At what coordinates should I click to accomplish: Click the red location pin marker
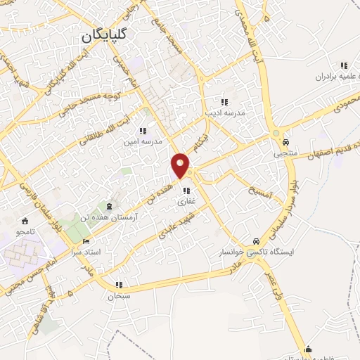pos(181,166)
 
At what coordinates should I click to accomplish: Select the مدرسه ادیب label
pos(223,112)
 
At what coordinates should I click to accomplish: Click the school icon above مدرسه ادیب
pos(224,101)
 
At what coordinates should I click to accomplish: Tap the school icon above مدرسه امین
pos(143,130)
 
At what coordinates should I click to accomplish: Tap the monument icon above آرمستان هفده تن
pos(109,206)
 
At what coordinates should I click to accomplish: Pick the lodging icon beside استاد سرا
pos(86,241)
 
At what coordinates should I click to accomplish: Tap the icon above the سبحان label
pos(120,285)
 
